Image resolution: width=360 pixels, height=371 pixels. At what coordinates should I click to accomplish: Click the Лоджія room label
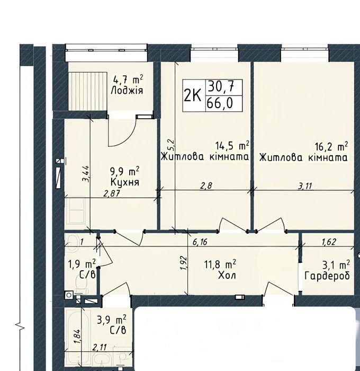click(127, 91)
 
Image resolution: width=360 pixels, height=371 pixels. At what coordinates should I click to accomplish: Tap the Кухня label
click(125, 182)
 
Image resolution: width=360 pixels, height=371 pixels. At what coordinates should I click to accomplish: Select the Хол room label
click(227, 276)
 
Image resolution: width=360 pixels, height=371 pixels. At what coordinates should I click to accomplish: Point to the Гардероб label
click(327, 276)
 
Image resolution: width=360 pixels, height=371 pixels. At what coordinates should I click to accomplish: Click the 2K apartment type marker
click(192, 96)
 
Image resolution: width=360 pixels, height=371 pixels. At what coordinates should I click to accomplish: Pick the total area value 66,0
click(220, 103)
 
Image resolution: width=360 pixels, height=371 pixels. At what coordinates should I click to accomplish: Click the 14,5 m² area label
click(232, 146)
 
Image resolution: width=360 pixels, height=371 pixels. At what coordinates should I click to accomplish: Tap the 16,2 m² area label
click(331, 146)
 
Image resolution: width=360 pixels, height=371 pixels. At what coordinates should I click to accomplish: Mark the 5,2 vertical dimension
click(171, 145)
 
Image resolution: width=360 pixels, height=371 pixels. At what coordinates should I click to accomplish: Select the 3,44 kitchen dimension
click(86, 174)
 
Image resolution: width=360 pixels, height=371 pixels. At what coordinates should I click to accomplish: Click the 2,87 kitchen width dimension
click(112, 193)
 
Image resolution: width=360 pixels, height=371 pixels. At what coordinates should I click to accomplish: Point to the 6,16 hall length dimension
click(200, 242)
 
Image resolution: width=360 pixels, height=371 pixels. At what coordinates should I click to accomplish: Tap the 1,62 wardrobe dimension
click(329, 242)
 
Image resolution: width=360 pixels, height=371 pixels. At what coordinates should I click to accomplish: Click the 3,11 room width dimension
click(305, 187)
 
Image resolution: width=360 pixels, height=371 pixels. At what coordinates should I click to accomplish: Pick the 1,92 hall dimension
click(185, 262)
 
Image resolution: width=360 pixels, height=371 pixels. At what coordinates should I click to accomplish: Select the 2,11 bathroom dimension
click(100, 348)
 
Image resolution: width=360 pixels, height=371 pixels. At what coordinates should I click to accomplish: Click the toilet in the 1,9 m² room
click(82, 283)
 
